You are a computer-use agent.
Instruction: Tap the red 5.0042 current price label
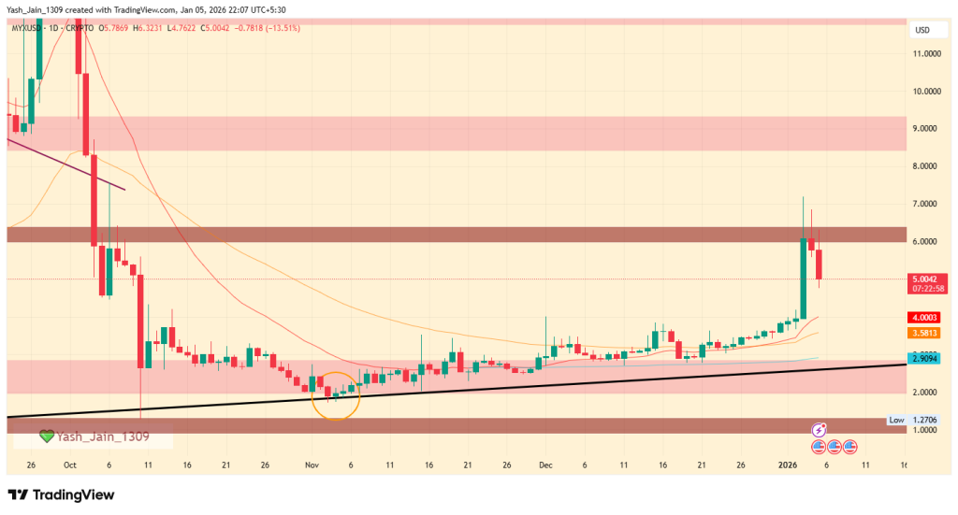[927, 278]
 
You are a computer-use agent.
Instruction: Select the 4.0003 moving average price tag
[927, 317]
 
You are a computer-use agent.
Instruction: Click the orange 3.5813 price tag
[927, 332]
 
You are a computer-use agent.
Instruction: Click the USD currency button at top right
[921, 31]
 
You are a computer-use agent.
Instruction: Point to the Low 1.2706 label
[912, 421]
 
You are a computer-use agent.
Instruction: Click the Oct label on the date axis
[70, 465]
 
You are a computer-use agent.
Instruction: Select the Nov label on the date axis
[312, 465]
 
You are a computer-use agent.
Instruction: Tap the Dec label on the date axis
[545, 465]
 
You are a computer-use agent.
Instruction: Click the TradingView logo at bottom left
[61, 494]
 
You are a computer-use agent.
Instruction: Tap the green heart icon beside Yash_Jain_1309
[46, 436]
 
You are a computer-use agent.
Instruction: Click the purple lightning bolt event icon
[820, 430]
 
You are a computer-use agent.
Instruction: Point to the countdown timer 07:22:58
[927, 288]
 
